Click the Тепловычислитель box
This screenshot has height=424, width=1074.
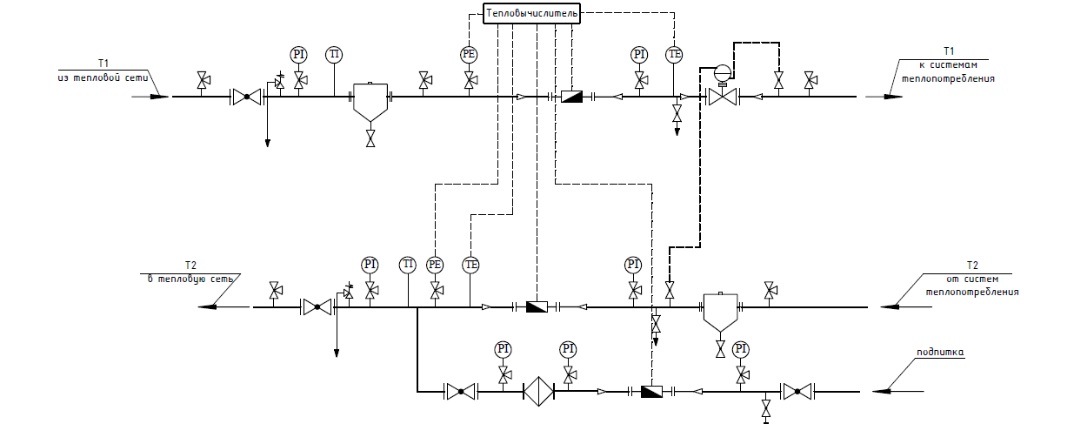pos(531,13)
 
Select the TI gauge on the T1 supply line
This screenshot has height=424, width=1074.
pos(334,55)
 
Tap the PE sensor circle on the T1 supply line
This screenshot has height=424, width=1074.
pos(470,55)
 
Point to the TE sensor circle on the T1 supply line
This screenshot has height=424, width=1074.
pos(675,55)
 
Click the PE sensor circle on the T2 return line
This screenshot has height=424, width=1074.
pos(436,265)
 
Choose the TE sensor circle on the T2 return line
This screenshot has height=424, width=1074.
pos(471,265)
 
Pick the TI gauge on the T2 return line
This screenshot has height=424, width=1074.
pos(407,265)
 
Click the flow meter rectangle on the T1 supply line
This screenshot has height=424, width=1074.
pos(571,97)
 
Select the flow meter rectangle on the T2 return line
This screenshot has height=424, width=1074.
pos(536,306)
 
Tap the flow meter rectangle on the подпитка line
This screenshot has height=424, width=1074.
pos(650,392)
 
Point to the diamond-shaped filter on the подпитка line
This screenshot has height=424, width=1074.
pos(537,392)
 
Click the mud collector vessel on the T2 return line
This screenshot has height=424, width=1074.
pos(720,311)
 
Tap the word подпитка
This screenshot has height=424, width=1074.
pos(941,353)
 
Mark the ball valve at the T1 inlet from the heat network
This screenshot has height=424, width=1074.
pos(247,97)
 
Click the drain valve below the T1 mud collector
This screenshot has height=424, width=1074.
pos(371,138)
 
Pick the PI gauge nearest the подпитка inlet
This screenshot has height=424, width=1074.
pos(740,349)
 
